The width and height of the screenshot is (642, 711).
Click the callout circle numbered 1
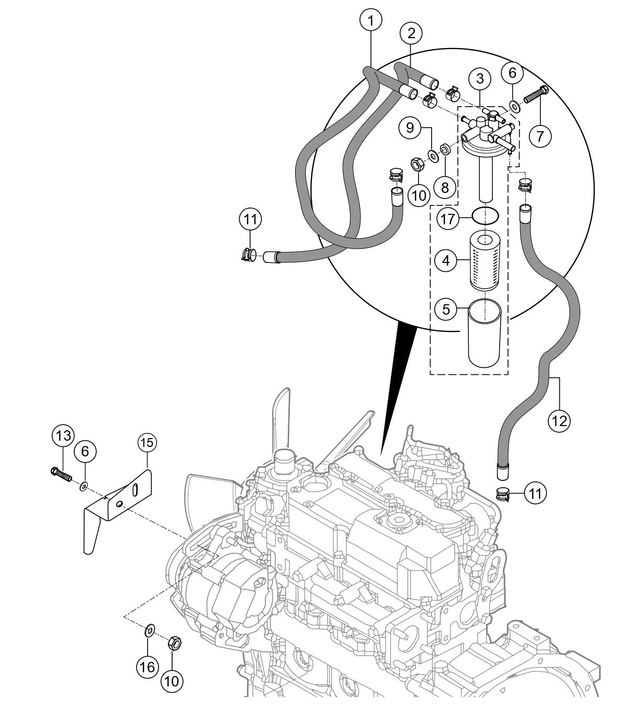click(x=371, y=21)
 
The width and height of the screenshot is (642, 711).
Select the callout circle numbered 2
click(x=411, y=33)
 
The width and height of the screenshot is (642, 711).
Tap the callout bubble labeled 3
click(x=480, y=79)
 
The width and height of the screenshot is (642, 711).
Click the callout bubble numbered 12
click(x=559, y=419)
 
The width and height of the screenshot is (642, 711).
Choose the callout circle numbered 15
click(x=147, y=443)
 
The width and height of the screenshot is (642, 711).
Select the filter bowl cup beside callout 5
click(x=485, y=332)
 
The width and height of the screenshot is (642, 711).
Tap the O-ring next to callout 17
click(x=485, y=215)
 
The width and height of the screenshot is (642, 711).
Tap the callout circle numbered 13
click(x=63, y=435)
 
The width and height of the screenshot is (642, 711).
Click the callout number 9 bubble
click(x=410, y=127)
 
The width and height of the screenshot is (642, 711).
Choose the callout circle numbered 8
click(x=444, y=187)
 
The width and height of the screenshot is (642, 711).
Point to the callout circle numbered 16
click(x=148, y=667)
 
